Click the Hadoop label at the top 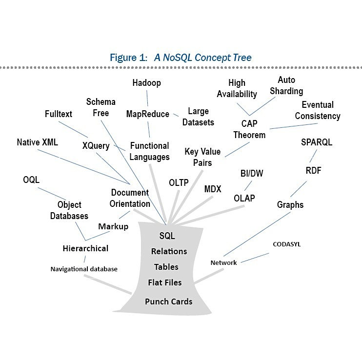[x=146, y=83]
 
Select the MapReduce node [x=147, y=114]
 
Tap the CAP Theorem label [x=249, y=129]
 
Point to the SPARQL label [x=317, y=142]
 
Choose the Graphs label [x=290, y=204]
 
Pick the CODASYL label [x=286, y=244]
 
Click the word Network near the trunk [x=223, y=262]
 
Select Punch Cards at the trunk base [x=168, y=302]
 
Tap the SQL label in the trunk [x=167, y=236]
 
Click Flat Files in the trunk [x=165, y=282]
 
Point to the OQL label [x=31, y=180]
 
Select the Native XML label [x=37, y=143]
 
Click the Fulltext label [x=58, y=114]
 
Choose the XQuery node [x=96, y=146]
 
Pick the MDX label [x=213, y=189]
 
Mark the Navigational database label [x=84, y=269]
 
